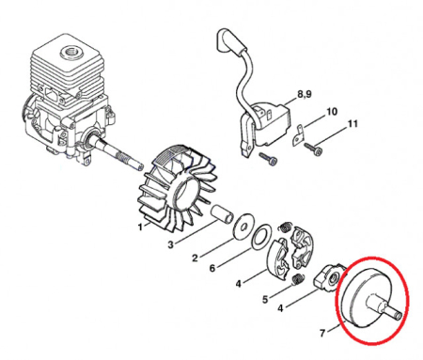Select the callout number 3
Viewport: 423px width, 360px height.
click(x=169, y=244)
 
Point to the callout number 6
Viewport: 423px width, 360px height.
click(x=213, y=269)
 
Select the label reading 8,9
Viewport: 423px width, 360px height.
click(x=305, y=95)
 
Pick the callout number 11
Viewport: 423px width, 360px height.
click(x=352, y=124)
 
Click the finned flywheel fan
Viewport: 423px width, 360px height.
click(x=179, y=188)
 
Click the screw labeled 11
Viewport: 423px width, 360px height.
click(x=319, y=147)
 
